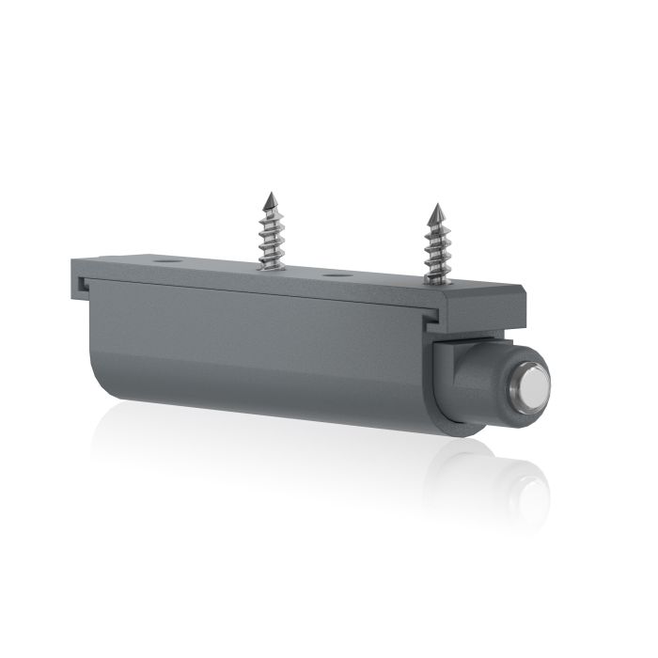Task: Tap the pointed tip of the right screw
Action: (436, 206)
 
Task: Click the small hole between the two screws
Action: (336, 275)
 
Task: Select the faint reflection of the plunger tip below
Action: (526, 489)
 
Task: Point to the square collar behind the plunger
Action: (449, 381)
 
